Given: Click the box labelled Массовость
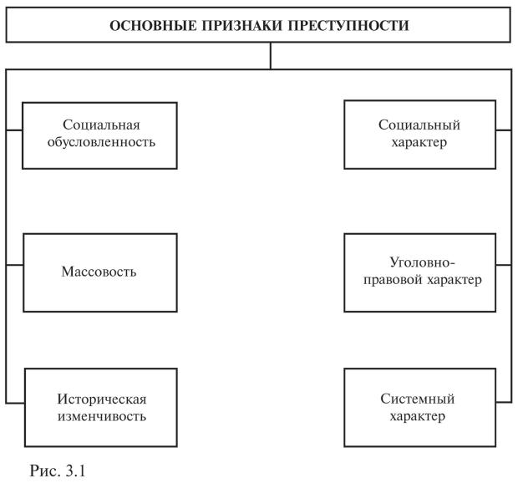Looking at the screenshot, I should pos(99,272).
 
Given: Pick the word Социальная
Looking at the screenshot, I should pos(99,125).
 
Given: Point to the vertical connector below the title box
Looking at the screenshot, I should pos(269,55).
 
